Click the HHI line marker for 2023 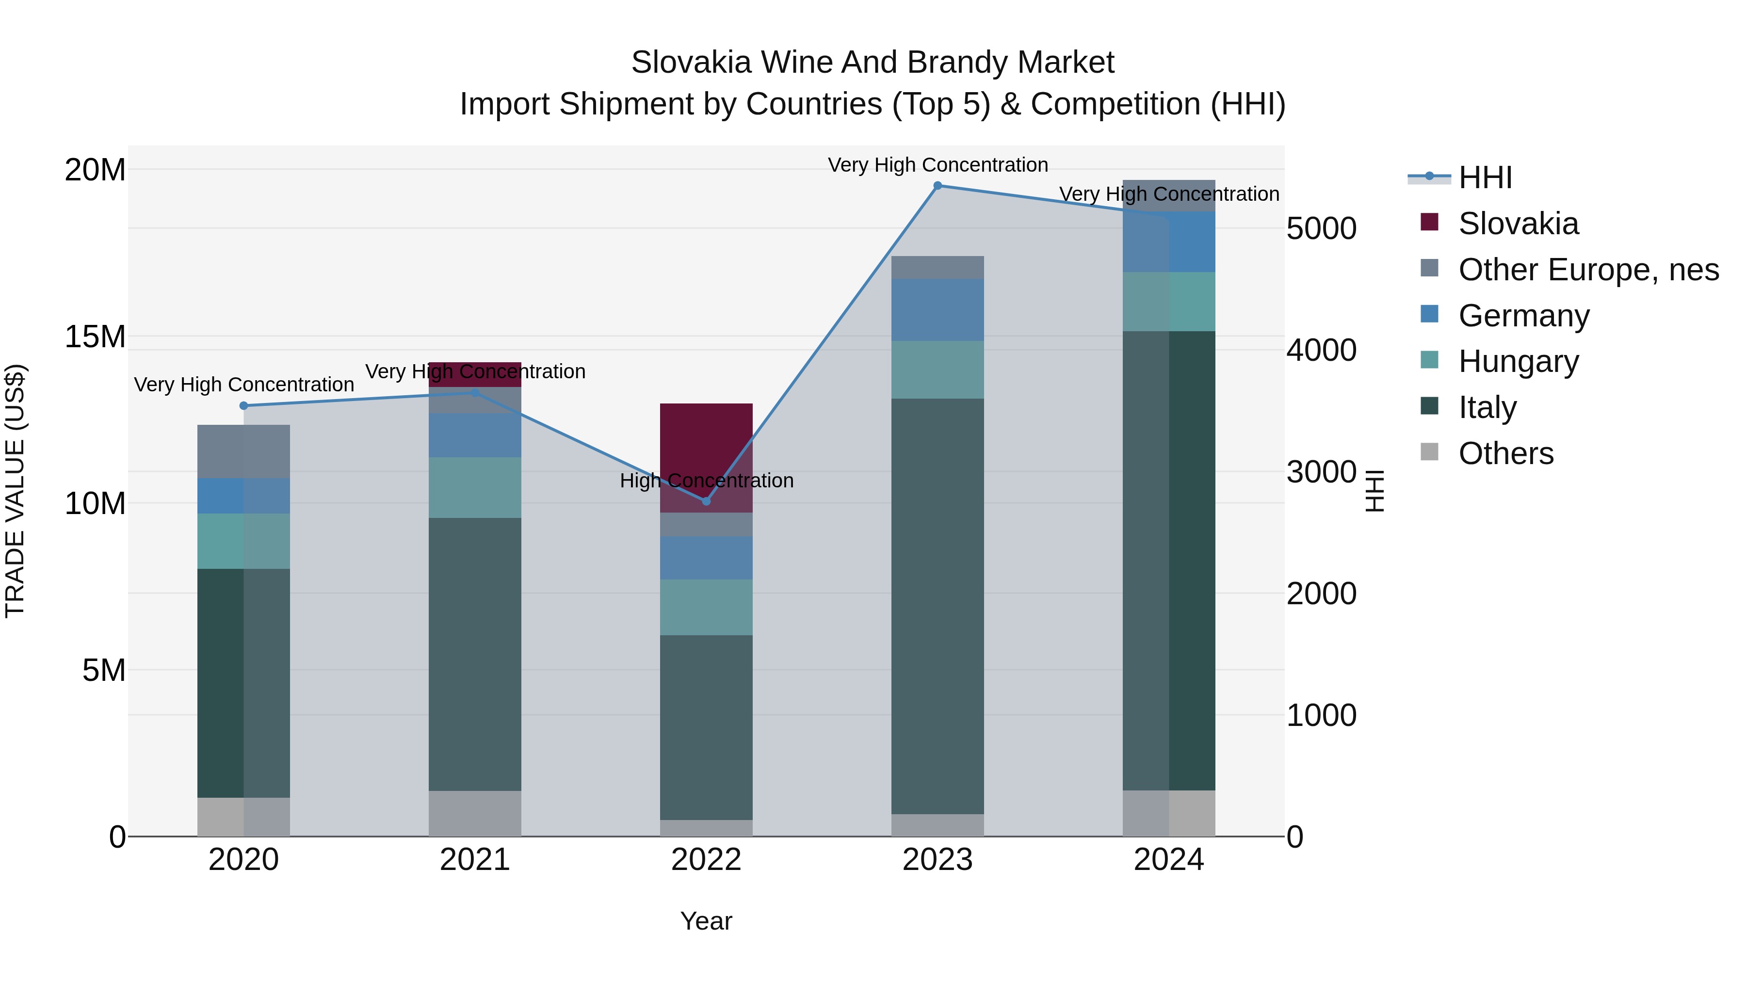[938, 186]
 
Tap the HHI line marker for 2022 [706, 501]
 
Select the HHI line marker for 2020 [244, 406]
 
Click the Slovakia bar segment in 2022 [706, 457]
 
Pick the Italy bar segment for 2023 [938, 607]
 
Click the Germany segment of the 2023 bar [938, 310]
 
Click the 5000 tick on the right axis [1321, 229]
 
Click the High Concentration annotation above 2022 [706, 481]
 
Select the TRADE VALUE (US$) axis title [15, 491]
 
